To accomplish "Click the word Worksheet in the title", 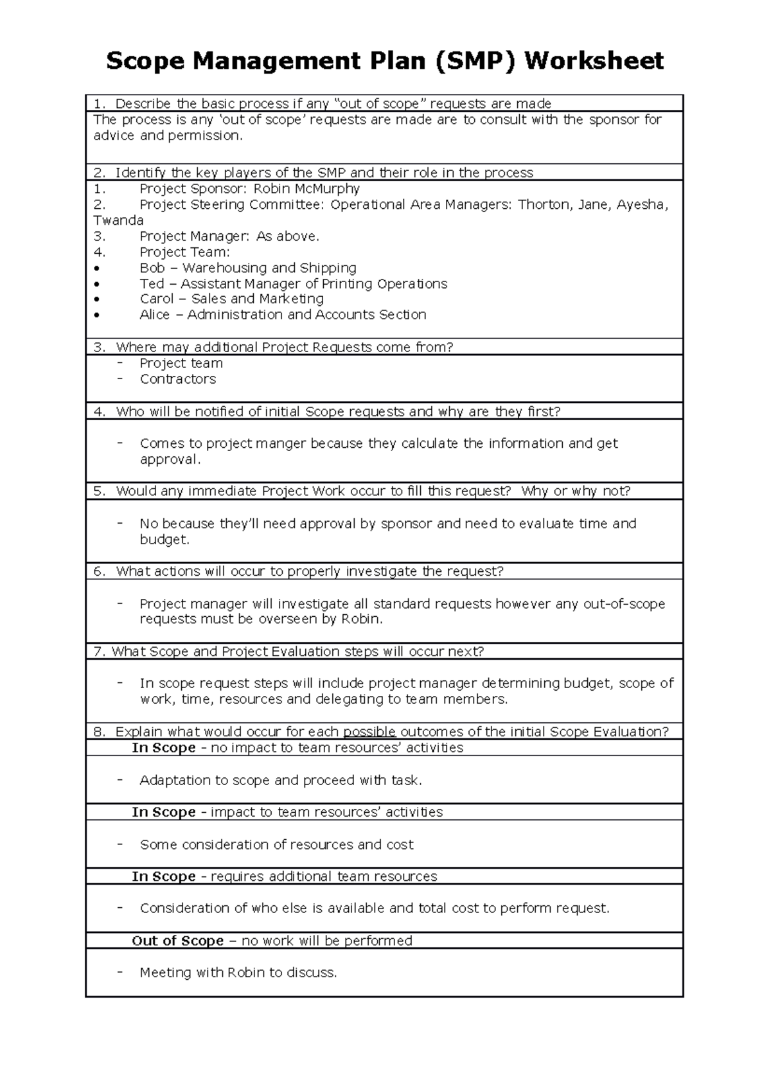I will pos(594,61).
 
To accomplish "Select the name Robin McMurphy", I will pos(306,189).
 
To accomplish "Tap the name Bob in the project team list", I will pos(152,268).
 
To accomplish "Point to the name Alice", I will pos(155,315).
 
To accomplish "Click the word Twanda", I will pos(118,220).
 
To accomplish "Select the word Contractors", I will pos(178,379).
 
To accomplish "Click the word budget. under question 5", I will pos(164,540).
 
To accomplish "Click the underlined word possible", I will pos(369,732).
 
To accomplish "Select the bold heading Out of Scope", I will pos(177,941).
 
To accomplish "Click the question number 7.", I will pos(98,652).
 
